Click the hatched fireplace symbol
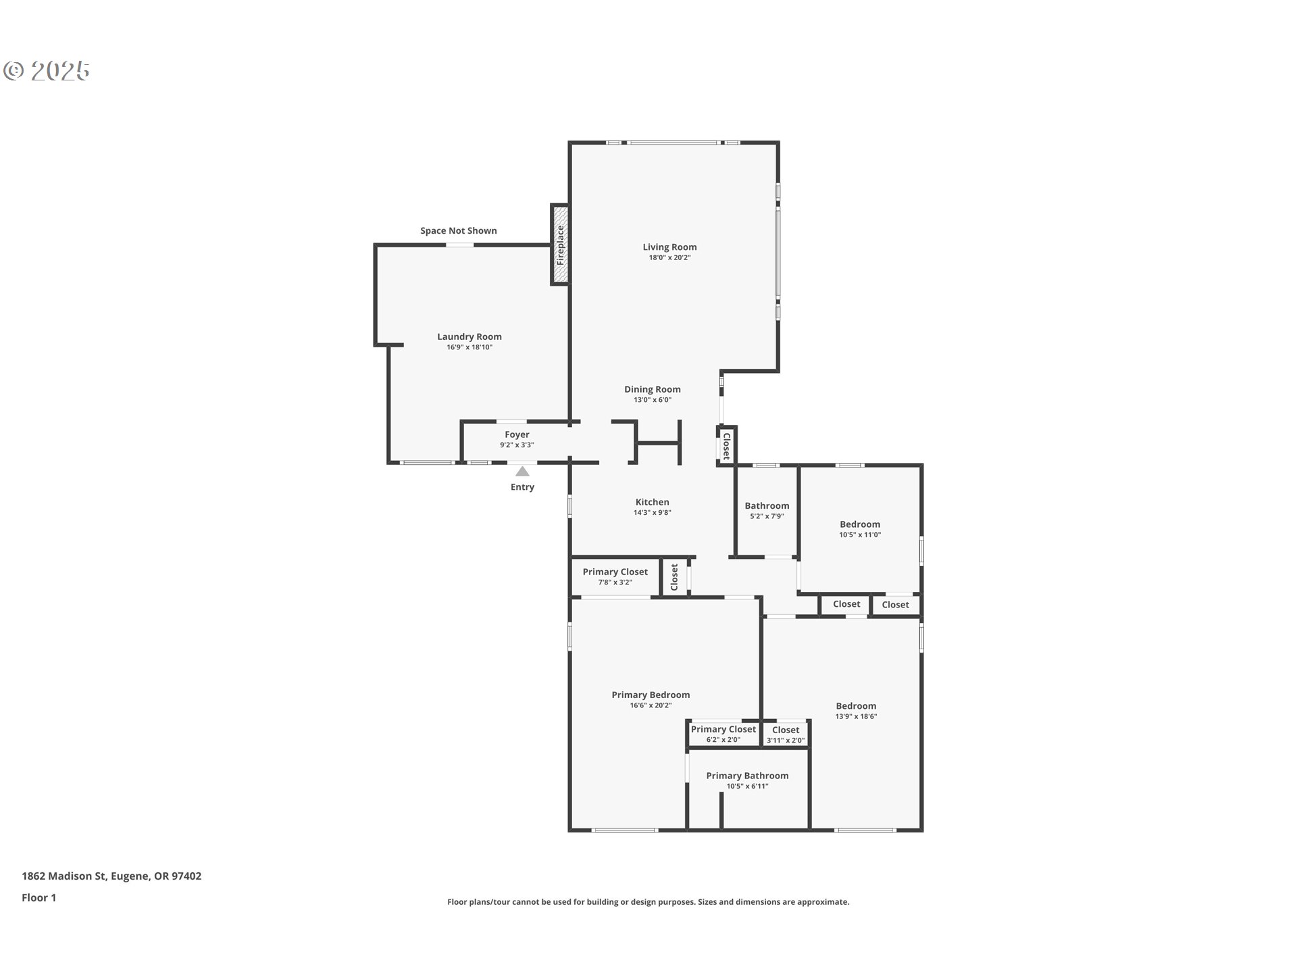point(560,245)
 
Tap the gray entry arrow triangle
point(523,471)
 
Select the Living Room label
point(669,247)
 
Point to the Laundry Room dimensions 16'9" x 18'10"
point(469,347)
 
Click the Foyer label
point(517,434)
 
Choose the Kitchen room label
point(653,502)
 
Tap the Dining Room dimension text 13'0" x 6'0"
point(653,400)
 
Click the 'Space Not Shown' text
point(459,230)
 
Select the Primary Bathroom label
point(747,776)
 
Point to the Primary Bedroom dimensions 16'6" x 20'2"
point(651,705)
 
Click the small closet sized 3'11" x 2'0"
point(786,734)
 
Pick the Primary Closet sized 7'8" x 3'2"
point(615,576)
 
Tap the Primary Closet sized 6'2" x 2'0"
point(723,734)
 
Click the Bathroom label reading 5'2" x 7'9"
point(767,510)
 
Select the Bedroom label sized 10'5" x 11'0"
point(860,528)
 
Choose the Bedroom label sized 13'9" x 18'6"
point(856,711)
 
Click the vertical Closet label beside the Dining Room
point(727,446)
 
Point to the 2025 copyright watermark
point(47,71)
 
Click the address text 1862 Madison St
point(64,876)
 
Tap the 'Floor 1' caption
point(39,897)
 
